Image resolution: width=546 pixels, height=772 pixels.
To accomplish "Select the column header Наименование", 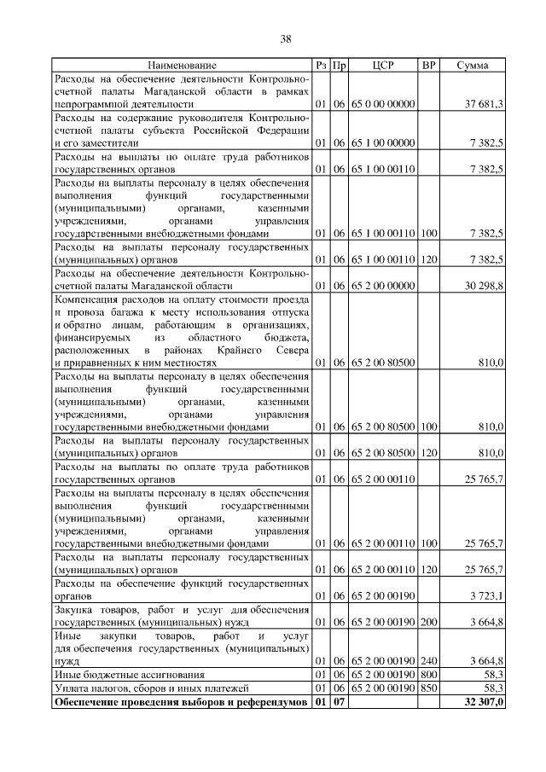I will pyautogui.click(x=182, y=65).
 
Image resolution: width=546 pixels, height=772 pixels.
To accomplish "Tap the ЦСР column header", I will pyautogui.click(x=382, y=65).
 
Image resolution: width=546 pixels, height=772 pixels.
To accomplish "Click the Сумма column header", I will pyautogui.click(x=472, y=65).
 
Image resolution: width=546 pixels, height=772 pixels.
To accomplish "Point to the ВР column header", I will pyautogui.click(x=429, y=65).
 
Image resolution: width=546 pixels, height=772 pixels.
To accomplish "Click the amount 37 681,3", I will pyautogui.click(x=484, y=103).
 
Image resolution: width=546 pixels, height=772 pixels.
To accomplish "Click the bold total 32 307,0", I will pyautogui.click(x=483, y=702).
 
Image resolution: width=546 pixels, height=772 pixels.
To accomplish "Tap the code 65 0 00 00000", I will pyautogui.click(x=382, y=103).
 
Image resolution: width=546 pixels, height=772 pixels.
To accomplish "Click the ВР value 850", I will pyautogui.click(x=429, y=688).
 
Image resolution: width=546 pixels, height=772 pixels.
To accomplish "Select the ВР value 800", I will pyautogui.click(x=429, y=675).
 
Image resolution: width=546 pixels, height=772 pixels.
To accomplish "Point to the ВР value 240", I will pyautogui.click(x=429, y=661).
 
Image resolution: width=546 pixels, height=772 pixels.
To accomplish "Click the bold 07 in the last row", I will pyautogui.click(x=338, y=702).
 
